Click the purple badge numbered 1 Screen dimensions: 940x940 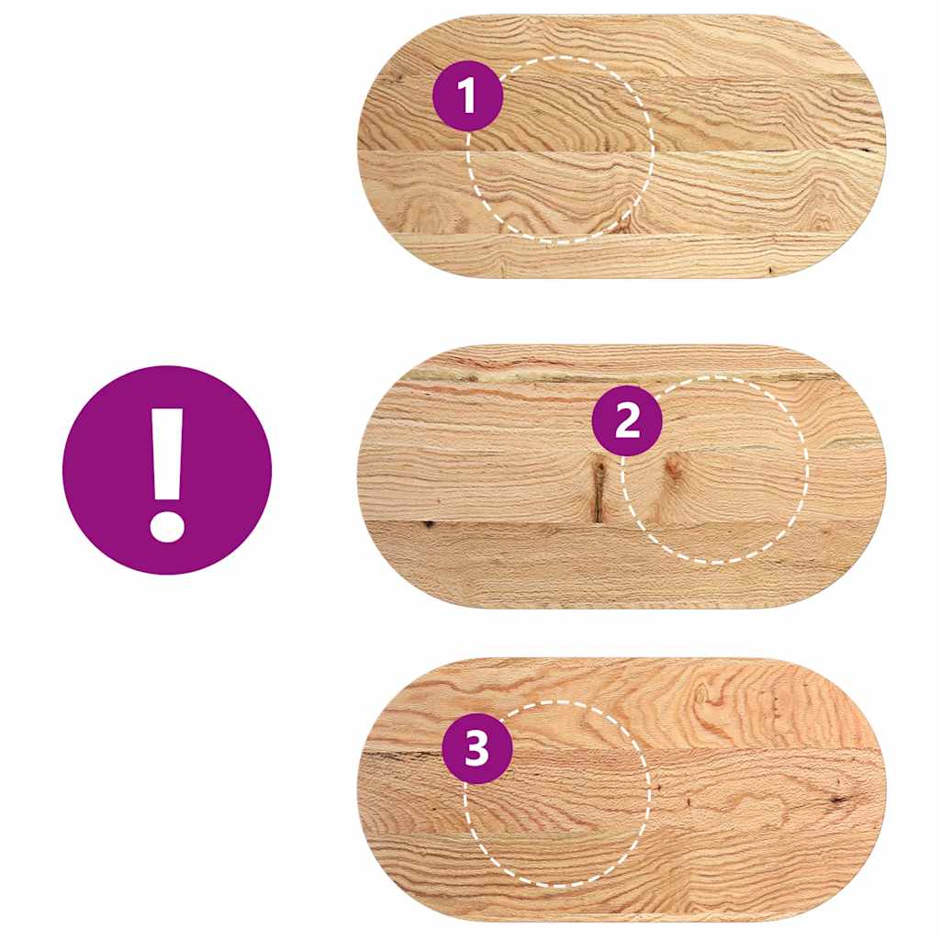click(x=468, y=95)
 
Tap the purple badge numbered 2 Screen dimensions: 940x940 click(x=627, y=422)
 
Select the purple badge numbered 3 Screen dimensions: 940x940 click(x=477, y=749)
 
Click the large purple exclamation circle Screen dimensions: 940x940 click(x=167, y=470)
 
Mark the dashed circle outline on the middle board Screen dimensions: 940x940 click(x=809, y=468)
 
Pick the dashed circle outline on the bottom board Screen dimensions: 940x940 click(x=649, y=794)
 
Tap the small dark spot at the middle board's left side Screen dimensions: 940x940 click(x=428, y=524)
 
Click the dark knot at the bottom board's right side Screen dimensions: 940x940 click(x=837, y=800)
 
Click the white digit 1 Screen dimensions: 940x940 click(x=468, y=95)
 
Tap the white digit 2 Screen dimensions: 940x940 click(x=627, y=422)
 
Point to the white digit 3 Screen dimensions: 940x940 click(x=477, y=749)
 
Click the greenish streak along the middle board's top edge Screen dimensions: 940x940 click(x=514, y=375)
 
